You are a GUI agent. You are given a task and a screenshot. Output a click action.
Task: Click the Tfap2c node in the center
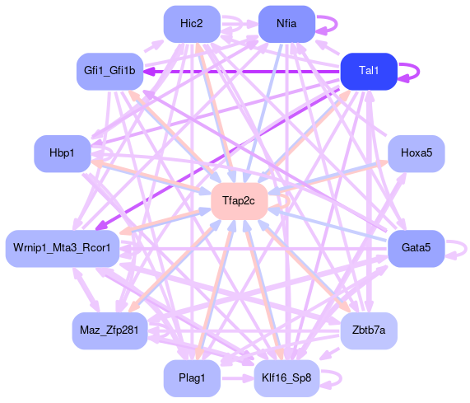(x=240, y=201)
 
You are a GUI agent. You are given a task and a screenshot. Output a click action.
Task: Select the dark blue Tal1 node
(x=369, y=71)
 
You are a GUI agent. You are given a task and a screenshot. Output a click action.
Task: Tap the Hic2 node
(x=192, y=24)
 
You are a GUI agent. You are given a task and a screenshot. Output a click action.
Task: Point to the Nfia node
(x=286, y=24)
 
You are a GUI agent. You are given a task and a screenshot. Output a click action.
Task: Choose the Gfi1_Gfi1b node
(x=109, y=71)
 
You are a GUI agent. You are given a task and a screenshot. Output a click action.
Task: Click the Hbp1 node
(x=63, y=153)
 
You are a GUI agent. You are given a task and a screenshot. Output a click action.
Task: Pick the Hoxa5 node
(x=416, y=153)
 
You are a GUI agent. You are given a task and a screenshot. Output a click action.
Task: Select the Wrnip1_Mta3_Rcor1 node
(x=63, y=248)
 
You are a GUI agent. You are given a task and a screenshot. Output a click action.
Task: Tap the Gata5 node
(x=416, y=248)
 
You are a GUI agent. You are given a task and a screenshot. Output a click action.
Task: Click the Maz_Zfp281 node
(x=109, y=330)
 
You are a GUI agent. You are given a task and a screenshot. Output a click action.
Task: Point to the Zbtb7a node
(x=369, y=330)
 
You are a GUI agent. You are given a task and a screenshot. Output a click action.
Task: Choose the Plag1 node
(x=192, y=377)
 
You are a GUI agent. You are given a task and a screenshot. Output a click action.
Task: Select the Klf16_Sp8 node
(x=286, y=377)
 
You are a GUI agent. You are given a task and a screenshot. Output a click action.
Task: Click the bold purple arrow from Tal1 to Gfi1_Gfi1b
(x=242, y=72)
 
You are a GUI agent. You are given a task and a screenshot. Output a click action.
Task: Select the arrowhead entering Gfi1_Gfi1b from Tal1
(x=149, y=72)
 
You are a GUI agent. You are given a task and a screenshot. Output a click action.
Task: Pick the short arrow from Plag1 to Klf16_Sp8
(x=237, y=378)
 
